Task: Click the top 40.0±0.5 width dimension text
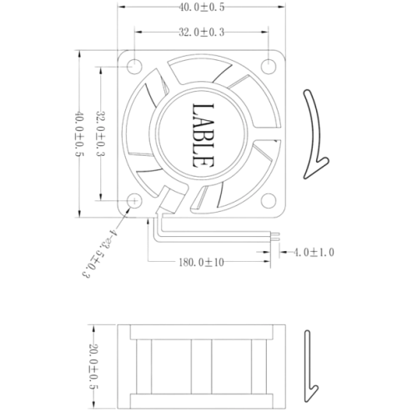click(201, 8)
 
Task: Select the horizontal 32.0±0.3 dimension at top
click(201, 33)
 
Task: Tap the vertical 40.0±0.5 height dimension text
click(80, 134)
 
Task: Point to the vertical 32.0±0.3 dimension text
click(101, 133)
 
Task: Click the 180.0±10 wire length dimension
click(201, 262)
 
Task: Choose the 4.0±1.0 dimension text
click(314, 253)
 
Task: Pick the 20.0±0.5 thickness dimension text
click(94, 367)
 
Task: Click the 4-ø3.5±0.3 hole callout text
click(99, 254)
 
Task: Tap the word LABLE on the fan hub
click(203, 136)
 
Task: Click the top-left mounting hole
click(134, 67)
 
